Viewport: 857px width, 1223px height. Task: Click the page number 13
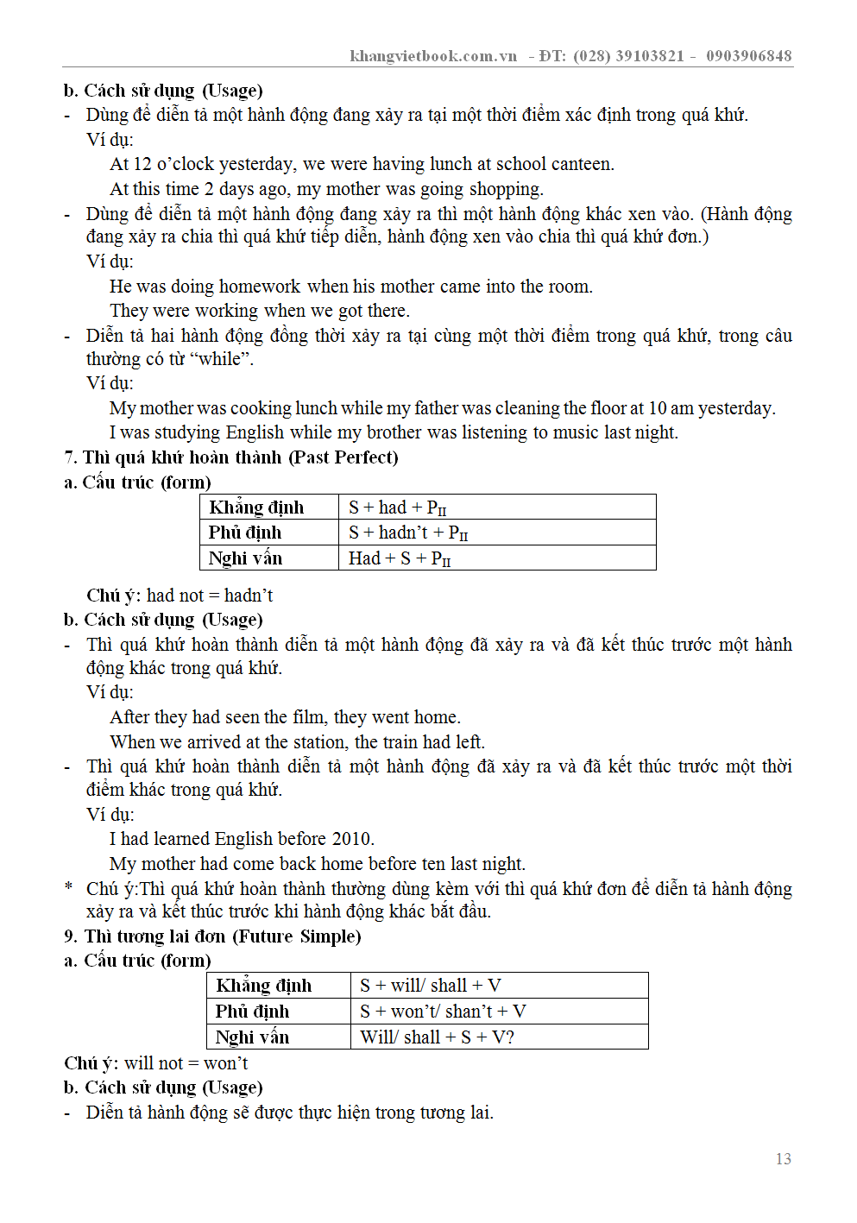tap(783, 1159)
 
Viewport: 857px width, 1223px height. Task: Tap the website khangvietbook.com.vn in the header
tap(433, 56)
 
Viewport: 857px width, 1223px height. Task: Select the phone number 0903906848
tap(748, 56)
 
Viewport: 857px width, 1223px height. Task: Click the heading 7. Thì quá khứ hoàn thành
tap(231, 457)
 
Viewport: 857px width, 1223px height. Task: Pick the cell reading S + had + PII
tap(398, 507)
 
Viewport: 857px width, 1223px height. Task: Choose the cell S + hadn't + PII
tap(408, 533)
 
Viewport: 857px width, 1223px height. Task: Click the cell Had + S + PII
tap(400, 558)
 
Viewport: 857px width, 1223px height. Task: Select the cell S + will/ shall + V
tap(430, 986)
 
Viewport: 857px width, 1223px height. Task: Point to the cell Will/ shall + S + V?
tap(437, 1037)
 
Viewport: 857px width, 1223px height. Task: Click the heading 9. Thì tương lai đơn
tap(212, 936)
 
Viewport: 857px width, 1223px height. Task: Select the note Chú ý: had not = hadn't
tap(180, 596)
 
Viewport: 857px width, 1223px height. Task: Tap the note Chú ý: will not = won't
tap(156, 1063)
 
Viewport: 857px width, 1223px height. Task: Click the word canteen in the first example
tap(581, 164)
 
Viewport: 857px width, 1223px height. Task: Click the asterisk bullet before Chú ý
tap(68, 888)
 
